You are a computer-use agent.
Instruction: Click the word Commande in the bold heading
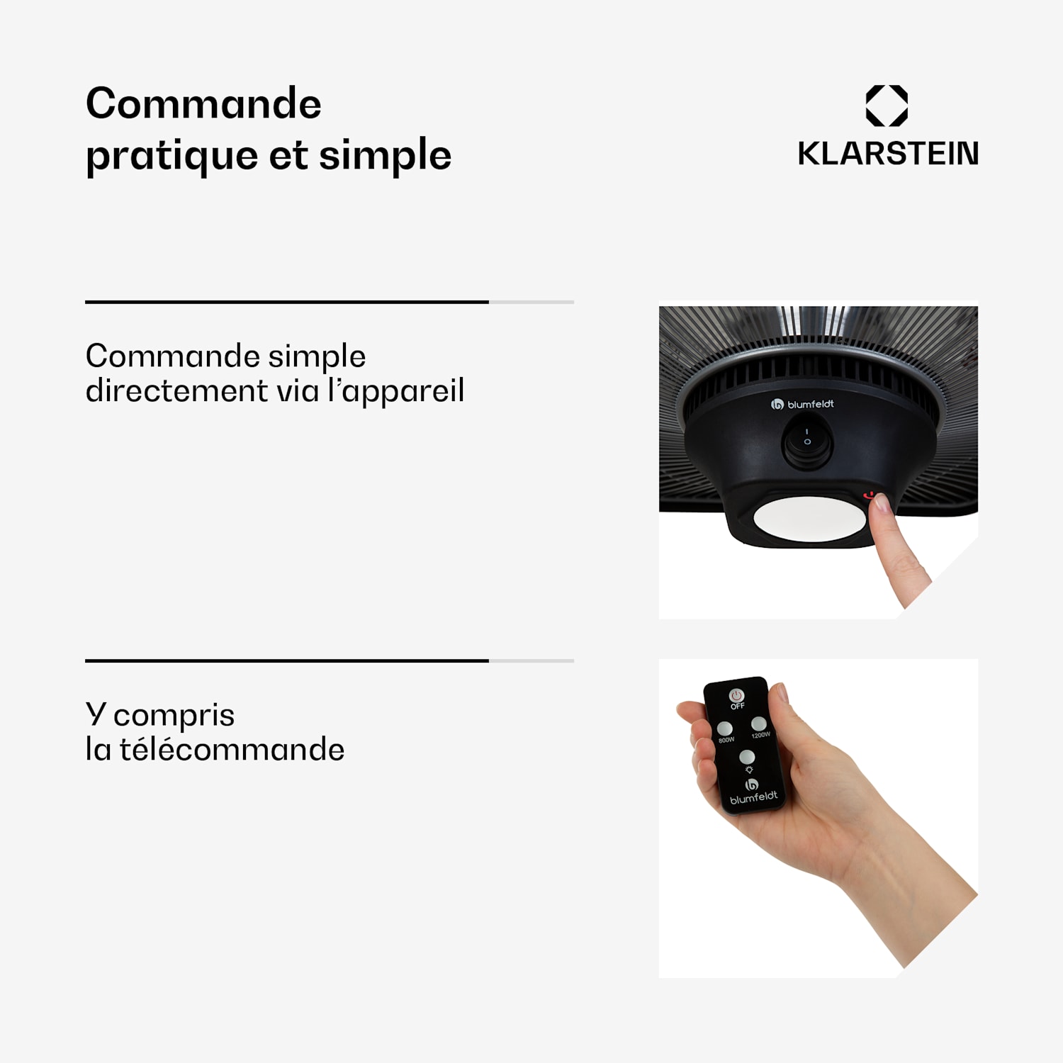click(x=203, y=103)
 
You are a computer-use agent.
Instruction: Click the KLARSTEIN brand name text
click(x=888, y=154)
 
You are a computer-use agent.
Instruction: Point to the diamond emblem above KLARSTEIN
click(x=887, y=106)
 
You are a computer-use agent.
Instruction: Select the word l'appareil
click(x=395, y=392)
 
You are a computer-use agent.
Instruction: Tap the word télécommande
click(x=232, y=749)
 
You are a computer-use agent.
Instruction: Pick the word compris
click(x=174, y=716)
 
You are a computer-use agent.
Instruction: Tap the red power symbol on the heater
click(x=869, y=495)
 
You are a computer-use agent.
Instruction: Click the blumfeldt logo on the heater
click(x=802, y=405)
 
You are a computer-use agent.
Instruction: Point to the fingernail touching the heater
click(x=882, y=502)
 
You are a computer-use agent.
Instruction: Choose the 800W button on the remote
click(x=725, y=729)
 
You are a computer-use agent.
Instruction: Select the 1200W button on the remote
click(x=759, y=724)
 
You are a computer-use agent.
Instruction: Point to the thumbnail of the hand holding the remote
click(x=780, y=691)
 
